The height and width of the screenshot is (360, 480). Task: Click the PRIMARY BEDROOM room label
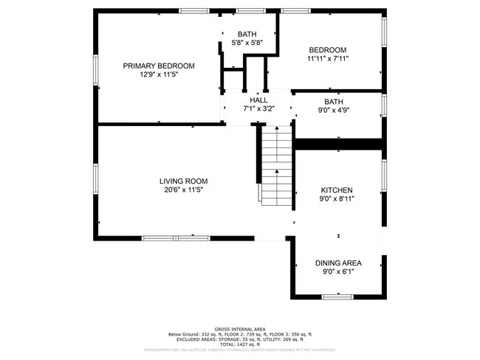click(159, 66)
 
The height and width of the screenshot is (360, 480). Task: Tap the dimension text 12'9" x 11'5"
click(159, 75)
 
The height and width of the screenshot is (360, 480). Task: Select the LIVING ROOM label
click(183, 181)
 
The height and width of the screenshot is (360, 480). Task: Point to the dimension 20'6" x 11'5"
click(183, 190)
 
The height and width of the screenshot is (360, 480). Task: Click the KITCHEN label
click(336, 190)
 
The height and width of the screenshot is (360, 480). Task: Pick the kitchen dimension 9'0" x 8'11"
click(336, 198)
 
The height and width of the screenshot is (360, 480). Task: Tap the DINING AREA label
click(338, 263)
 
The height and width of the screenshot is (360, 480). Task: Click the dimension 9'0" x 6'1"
click(338, 271)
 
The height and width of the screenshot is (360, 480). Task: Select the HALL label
click(258, 100)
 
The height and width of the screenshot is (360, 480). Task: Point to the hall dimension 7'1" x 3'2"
click(258, 108)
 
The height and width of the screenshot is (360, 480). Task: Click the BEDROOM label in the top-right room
click(327, 49)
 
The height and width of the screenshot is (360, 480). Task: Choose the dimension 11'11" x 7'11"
click(327, 58)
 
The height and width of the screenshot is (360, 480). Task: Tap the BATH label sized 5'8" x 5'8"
click(247, 34)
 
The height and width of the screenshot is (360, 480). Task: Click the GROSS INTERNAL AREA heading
click(240, 329)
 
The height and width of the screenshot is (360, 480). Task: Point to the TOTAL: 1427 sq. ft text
click(240, 344)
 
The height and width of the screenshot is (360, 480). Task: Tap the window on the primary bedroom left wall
click(95, 70)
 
